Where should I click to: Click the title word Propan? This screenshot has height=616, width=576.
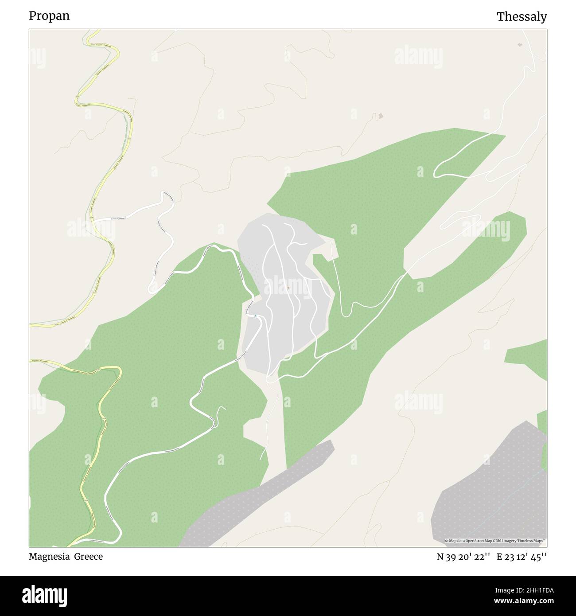click(49, 16)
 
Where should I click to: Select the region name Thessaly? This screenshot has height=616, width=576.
click(522, 17)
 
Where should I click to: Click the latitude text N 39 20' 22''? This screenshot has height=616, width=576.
click(463, 557)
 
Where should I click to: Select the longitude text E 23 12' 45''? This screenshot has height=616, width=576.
click(522, 557)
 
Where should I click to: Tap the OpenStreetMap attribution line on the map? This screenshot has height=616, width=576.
click(495, 541)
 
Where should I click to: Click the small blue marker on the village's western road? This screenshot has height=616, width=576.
click(256, 316)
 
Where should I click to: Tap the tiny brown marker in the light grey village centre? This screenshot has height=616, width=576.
click(288, 288)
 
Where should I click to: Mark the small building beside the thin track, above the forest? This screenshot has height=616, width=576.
click(381, 117)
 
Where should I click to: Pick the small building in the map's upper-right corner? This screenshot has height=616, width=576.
click(520, 44)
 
